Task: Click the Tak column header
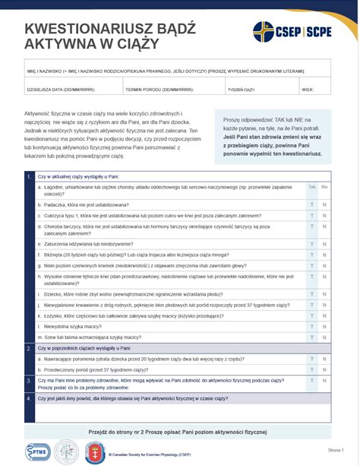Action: point(311,186)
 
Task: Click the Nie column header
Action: point(324,186)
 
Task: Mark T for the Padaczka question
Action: point(311,204)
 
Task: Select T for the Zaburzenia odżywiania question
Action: point(311,244)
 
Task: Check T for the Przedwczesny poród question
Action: point(311,369)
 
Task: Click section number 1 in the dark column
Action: point(29,176)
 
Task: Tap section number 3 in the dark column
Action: point(29,380)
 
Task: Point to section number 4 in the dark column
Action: point(29,398)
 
